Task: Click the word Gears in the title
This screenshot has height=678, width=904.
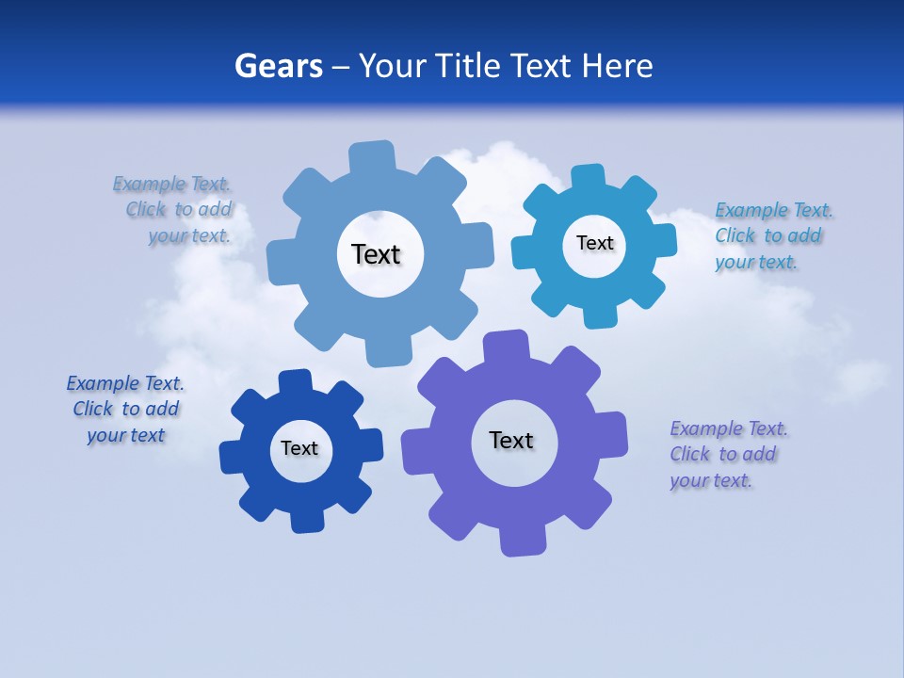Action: tap(278, 66)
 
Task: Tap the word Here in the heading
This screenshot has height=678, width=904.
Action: tap(617, 66)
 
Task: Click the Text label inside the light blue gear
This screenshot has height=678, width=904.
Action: tap(376, 254)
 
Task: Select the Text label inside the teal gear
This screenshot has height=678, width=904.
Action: tap(594, 243)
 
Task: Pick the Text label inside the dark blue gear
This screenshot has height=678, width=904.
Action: tap(299, 448)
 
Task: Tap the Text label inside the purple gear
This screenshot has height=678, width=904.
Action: tap(511, 440)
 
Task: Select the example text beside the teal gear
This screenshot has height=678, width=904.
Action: tap(772, 235)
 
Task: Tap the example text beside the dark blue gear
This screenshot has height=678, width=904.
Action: tap(125, 409)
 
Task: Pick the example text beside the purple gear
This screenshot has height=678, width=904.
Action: tap(728, 454)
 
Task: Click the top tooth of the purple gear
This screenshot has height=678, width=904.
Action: tap(505, 346)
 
